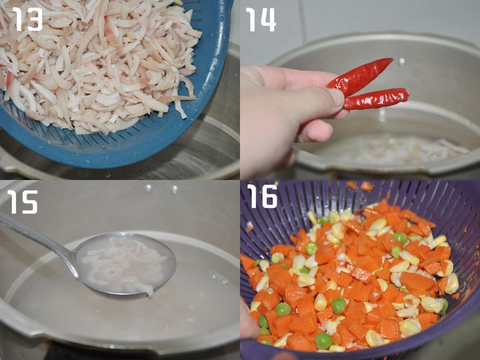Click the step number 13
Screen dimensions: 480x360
coord(27,19)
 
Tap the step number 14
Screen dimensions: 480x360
coord(261,19)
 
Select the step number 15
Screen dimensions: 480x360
coord(23,202)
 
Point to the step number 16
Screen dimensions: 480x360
coord(262,196)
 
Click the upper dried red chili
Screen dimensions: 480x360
coord(359,77)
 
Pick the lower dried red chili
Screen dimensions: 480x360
coord(377,98)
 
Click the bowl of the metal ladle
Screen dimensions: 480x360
coord(125,265)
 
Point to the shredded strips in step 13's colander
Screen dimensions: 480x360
coord(95,64)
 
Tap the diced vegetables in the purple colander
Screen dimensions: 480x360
coord(349,275)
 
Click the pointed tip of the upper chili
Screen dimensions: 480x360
coord(392,59)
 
